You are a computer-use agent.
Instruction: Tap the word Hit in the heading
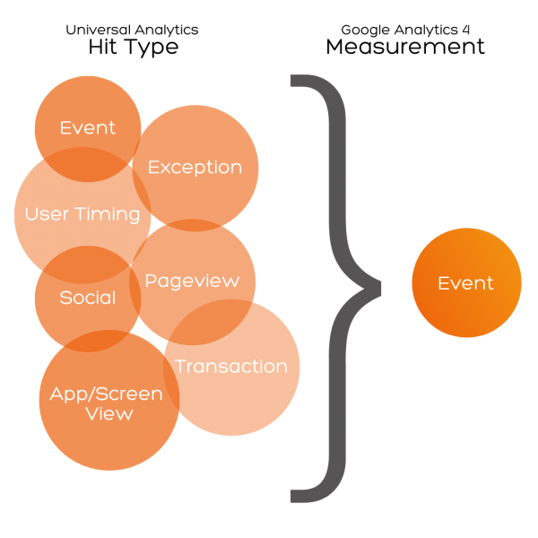pos(105,48)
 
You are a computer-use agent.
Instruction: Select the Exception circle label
pos(195,167)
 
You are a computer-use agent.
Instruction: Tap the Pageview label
pos(192,281)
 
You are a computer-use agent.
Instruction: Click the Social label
pos(87,298)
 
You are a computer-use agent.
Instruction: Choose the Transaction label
pos(230,366)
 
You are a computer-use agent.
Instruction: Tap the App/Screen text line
pos(106,395)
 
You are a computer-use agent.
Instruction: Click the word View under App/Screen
pos(108,414)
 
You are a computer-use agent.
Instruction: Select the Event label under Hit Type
pos(87,127)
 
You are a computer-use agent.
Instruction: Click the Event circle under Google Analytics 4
pos(465,283)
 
